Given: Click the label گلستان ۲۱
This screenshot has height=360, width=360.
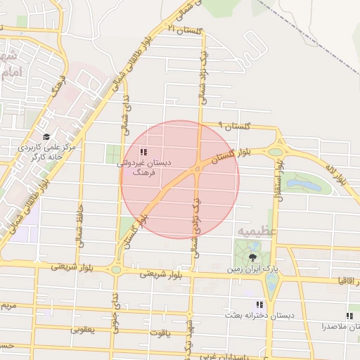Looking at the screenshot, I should [185, 30].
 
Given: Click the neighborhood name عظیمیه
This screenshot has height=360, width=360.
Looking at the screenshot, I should [257, 231].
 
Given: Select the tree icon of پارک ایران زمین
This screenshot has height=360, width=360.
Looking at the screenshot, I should [253, 257].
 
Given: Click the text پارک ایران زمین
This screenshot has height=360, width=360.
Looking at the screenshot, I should [252, 269].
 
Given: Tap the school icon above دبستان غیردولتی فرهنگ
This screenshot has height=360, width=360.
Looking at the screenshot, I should [144, 152].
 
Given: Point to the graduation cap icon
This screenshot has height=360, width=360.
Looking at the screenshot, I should [46, 136].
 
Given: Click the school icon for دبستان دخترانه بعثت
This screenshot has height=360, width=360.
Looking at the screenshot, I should [259, 305].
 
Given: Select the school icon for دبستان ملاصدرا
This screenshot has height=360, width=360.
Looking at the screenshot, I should [349, 316].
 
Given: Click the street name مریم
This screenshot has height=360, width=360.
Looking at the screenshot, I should [7, 307].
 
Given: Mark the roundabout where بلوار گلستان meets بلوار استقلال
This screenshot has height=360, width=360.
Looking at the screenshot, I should [276, 150].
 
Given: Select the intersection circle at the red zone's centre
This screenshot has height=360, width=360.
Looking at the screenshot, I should [198, 169].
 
